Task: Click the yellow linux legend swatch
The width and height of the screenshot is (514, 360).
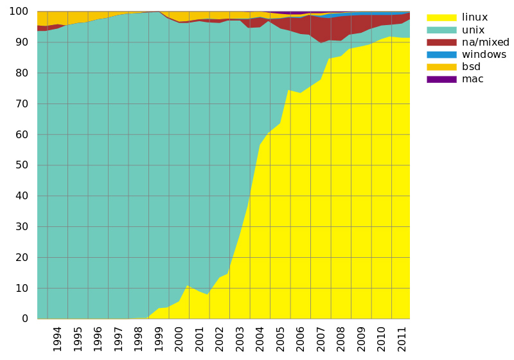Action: tap(441, 17)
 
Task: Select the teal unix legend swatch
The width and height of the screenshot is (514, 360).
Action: tap(441, 30)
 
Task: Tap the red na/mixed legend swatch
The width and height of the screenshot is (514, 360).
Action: tap(441, 42)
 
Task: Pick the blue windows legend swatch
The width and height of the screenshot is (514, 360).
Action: tap(441, 55)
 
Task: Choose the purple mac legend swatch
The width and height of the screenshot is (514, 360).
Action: tap(441, 79)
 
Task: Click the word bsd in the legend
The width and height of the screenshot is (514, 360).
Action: tap(471, 67)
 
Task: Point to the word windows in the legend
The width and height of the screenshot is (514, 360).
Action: tap(484, 55)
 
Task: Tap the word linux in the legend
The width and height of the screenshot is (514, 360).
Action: tap(475, 17)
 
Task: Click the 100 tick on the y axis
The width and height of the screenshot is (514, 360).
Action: tap(19, 12)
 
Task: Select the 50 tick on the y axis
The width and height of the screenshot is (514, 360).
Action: tap(22, 165)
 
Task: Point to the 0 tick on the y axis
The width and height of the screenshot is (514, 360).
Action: tap(25, 319)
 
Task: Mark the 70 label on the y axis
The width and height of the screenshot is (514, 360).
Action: tap(22, 104)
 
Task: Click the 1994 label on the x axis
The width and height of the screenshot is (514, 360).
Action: tap(57, 339)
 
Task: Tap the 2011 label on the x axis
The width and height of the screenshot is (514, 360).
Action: tap(402, 339)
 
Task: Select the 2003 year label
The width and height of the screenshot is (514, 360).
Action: tap(240, 339)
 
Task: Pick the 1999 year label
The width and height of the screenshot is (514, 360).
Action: tap(158, 339)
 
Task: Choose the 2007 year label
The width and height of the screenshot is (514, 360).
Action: tap(321, 339)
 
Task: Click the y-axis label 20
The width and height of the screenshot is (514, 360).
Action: tap(22, 257)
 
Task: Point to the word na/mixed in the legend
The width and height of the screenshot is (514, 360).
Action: tap(486, 42)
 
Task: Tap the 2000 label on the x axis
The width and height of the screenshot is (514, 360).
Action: tap(179, 339)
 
